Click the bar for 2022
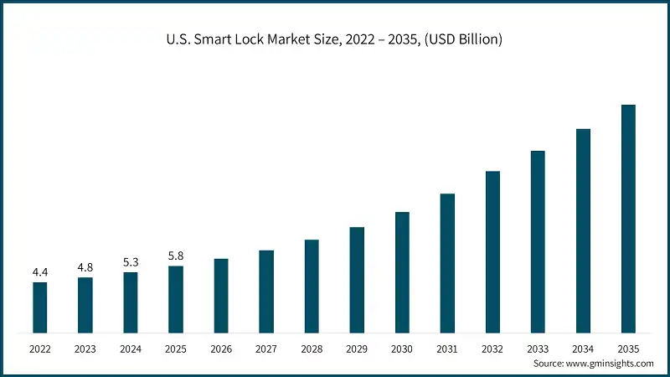[39, 307]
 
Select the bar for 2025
[175, 298]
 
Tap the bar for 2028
[312, 285]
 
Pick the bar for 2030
[402, 271]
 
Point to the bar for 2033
[538, 240]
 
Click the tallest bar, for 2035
[628, 218]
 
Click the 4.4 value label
[39, 272]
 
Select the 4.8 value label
[85, 267]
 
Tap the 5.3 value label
[130, 262]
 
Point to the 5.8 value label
[175, 256]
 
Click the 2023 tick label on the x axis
[85, 348]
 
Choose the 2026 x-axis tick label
[220, 348]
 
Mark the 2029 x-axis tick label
[357, 348]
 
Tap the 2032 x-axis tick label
[492, 348]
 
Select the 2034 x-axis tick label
[583, 348]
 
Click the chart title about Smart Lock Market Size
[334, 39]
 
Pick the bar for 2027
[266, 290]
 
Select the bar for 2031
[447, 262]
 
